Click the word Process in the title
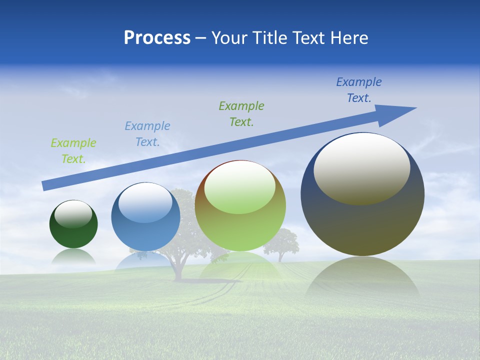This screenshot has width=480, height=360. (157, 38)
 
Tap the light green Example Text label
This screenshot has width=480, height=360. (73, 151)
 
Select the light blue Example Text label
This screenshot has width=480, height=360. (147, 133)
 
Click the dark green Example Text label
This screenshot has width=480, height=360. (241, 113)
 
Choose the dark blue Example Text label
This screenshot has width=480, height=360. (358, 90)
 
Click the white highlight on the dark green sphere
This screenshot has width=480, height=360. (73, 214)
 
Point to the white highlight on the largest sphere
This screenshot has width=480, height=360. (361, 167)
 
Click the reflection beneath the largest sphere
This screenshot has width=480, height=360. (362, 280)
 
